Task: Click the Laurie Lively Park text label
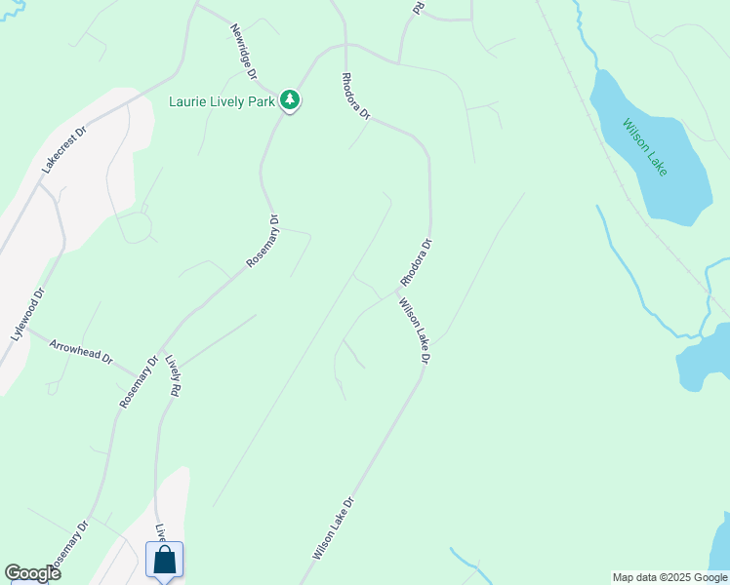tap(223, 100)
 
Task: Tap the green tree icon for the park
tap(289, 100)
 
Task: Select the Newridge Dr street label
tap(243, 52)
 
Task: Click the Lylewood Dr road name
tap(28, 313)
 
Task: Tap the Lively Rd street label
tap(173, 373)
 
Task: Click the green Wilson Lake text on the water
tap(645, 147)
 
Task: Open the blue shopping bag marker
tap(164, 561)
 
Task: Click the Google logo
tap(32, 573)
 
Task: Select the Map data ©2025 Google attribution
tap(669, 577)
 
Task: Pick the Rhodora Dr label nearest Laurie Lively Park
tap(356, 96)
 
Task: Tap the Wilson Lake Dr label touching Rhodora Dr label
tap(414, 331)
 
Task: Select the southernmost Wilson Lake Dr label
tap(332, 527)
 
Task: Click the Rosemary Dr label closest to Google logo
tap(68, 551)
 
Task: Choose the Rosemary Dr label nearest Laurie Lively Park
tap(263, 241)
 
